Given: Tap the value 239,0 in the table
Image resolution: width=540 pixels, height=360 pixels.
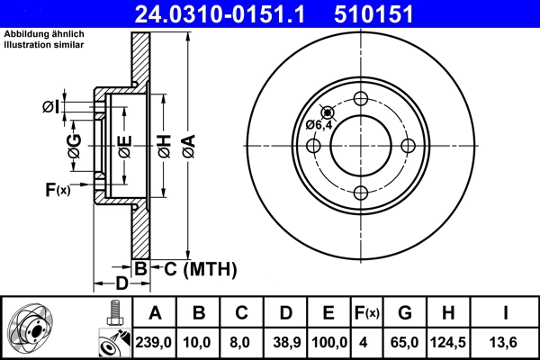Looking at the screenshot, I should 156,342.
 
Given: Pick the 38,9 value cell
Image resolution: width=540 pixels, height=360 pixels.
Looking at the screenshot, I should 285,342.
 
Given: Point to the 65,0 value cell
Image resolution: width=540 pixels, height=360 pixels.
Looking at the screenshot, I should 404,342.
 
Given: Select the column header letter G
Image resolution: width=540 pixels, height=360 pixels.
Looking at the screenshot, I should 404,313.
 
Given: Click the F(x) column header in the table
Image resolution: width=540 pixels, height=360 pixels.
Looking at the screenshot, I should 366,313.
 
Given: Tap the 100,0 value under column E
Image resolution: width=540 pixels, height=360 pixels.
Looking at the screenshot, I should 328,342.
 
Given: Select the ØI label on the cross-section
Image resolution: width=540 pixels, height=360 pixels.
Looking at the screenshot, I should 51,108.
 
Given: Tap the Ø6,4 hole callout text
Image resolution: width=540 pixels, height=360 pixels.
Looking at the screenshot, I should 319,125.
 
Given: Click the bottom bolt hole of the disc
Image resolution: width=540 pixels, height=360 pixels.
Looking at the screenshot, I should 361,191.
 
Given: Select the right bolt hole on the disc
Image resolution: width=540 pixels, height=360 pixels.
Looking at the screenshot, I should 407,145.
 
